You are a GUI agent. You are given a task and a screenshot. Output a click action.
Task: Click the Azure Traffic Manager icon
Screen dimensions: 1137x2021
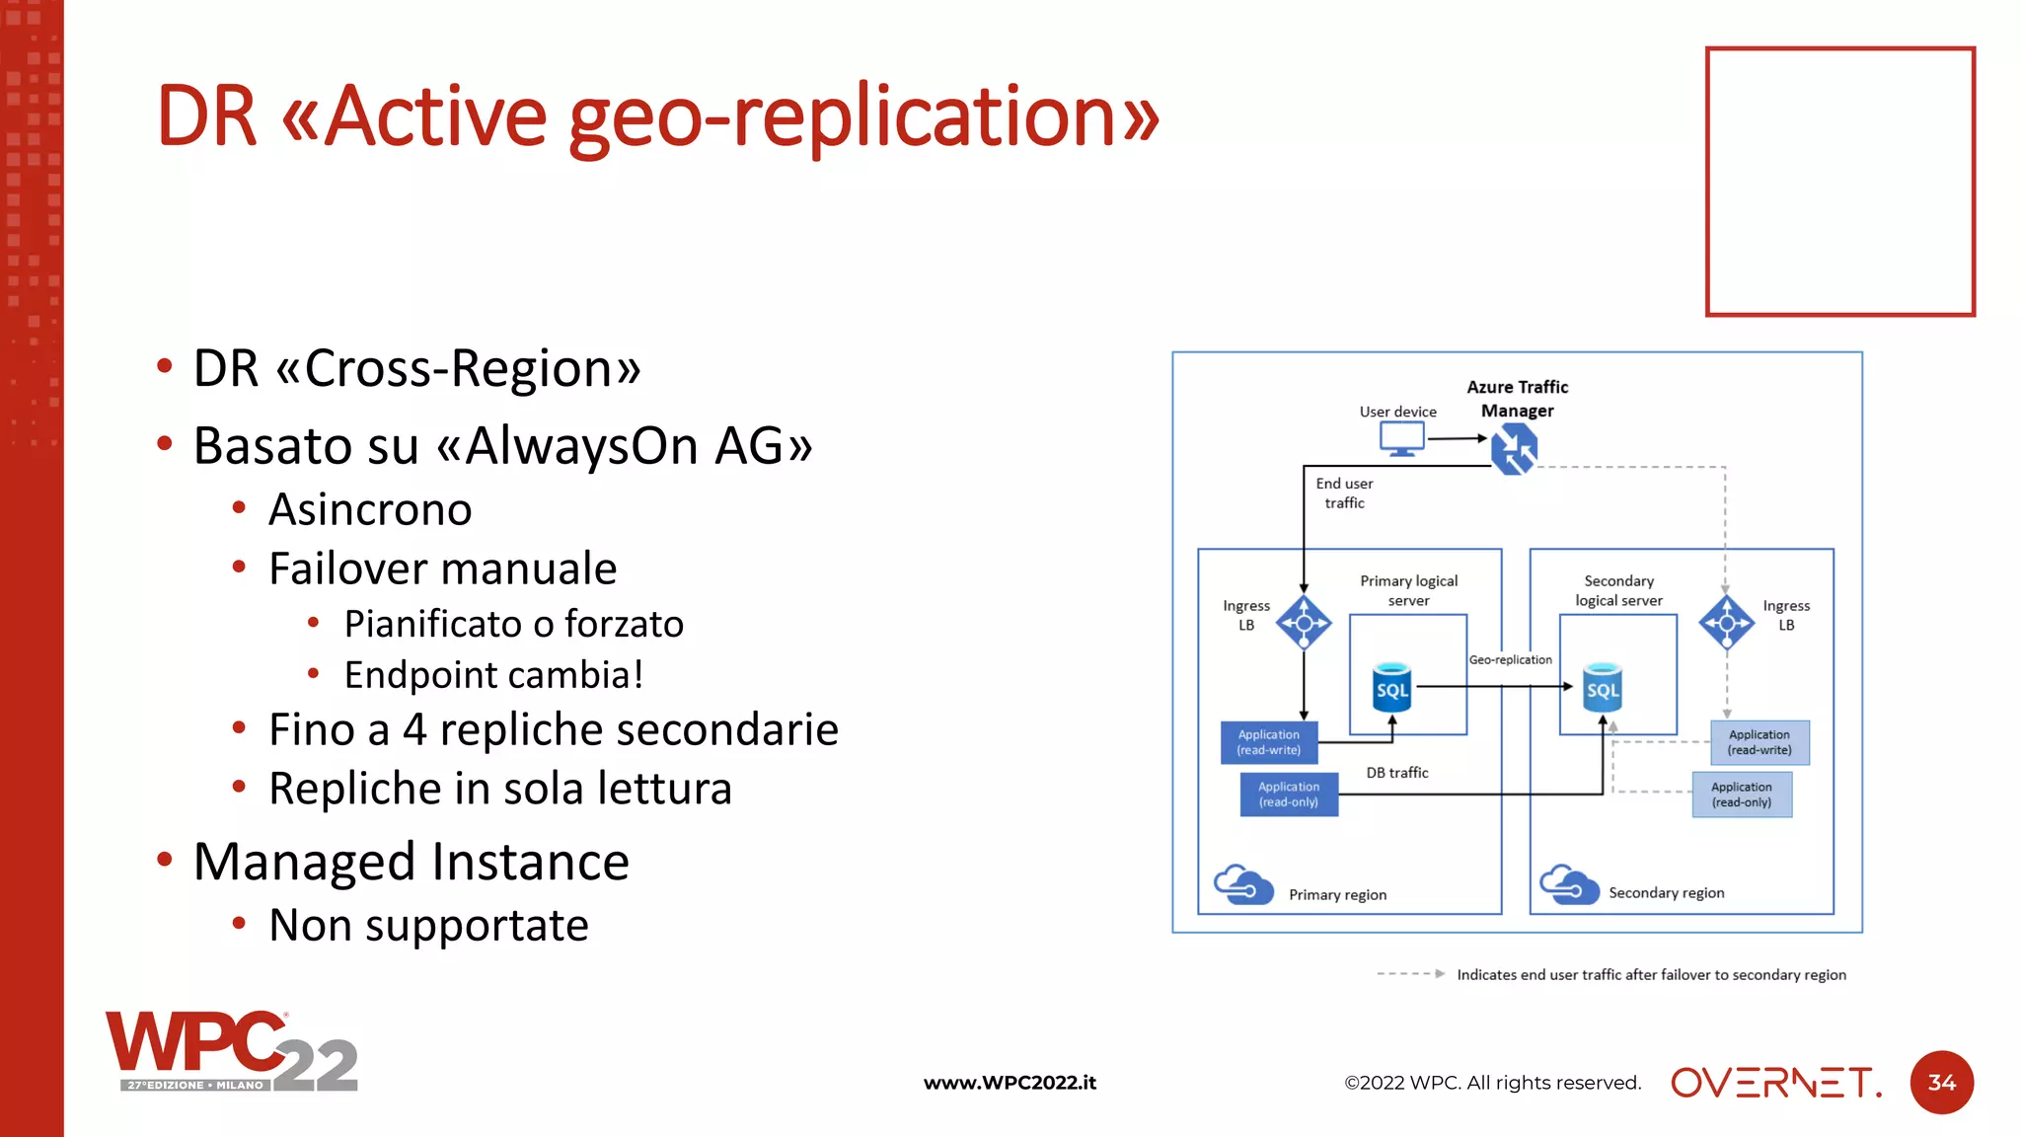(x=1514, y=449)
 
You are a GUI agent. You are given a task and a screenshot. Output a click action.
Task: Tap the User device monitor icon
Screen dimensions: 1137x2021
(x=1401, y=438)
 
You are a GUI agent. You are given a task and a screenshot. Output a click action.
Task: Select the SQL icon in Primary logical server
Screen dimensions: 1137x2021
(x=1391, y=687)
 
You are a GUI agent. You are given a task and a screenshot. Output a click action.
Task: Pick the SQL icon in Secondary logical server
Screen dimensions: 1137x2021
(x=1602, y=687)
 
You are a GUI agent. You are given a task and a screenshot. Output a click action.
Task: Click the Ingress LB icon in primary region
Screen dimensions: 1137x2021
(x=1304, y=622)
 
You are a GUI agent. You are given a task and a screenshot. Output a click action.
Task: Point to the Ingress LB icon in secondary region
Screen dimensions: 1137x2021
(x=1726, y=622)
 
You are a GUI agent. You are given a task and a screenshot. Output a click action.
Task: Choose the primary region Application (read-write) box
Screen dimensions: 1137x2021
(x=1269, y=742)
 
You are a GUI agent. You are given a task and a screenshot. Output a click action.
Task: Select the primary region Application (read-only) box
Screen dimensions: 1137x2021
(x=1289, y=795)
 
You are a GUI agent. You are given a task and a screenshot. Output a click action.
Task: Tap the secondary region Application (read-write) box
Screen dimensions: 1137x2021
(x=1759, y=742)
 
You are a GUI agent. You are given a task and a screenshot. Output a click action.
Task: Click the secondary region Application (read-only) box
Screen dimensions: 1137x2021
(x=1742, y=795)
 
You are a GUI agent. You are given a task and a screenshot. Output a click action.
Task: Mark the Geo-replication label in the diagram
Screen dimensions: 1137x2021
(x=1510, y=659)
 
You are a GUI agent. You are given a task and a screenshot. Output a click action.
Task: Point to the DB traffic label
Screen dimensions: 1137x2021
(x=1397, y=773)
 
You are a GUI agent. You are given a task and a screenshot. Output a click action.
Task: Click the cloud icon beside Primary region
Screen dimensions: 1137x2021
(x=1242, y=884)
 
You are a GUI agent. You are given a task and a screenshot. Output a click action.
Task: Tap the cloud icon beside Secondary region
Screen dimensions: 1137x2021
(x=1568, y=884)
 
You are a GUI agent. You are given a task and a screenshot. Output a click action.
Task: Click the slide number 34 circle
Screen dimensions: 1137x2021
(x=1941, y=1083)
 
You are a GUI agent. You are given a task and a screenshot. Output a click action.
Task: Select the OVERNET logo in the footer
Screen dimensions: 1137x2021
(x=1775, y=1083)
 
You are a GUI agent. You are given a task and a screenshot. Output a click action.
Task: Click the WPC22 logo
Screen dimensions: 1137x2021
(x=232, y=1051)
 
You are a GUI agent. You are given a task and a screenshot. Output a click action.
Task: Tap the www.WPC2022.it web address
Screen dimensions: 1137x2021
(x=1010, y=1083)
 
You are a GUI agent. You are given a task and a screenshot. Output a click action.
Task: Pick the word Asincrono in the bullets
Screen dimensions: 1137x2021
(x=370, y=510)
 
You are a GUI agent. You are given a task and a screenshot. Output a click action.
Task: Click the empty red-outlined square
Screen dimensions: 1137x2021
(x=1839, y=182)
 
